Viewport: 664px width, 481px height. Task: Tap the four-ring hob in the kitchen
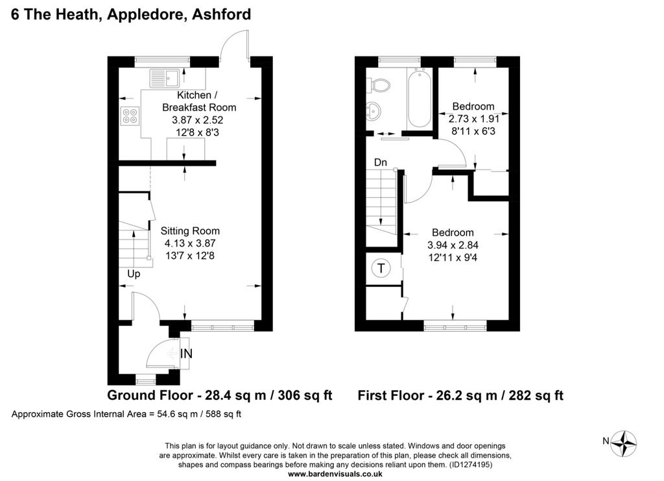coord(130,116)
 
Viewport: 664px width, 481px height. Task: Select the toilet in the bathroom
coord(379,85)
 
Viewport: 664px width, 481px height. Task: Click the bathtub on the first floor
coord(420,98)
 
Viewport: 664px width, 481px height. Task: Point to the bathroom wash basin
coord(374,112)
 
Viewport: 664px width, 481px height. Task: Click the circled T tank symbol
coord(381,268)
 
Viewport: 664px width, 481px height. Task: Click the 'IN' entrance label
coord(186,353)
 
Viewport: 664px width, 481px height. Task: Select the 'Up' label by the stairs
coord(134,274)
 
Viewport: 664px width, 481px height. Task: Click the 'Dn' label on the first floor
coord(380,162)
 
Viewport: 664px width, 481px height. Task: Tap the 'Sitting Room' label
coord(190,231)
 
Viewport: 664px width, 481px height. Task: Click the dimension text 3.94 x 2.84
coord(453,245)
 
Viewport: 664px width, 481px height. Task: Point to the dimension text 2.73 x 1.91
coord(474,119)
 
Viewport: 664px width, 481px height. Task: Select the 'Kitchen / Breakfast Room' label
coord(199,101)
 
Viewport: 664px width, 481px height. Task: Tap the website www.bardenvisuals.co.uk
coord(335,475)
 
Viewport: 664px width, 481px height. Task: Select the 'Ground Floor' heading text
coord(150,395)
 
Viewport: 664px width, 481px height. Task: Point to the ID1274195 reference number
coord(470,465)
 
